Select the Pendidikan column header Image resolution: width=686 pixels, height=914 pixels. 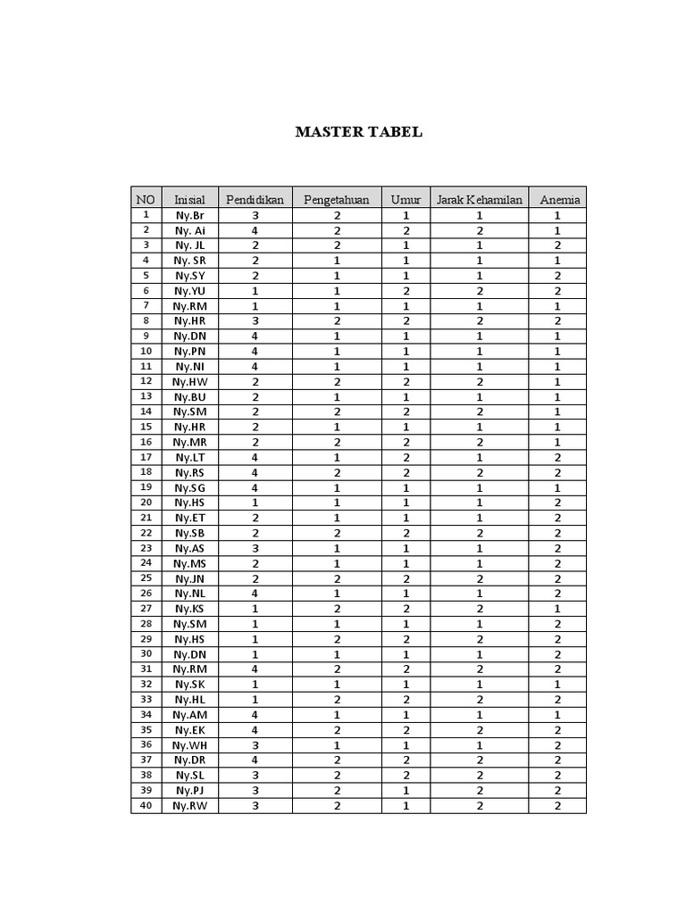tap(255, 199)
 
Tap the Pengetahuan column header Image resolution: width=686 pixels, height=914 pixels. tap(337, 199)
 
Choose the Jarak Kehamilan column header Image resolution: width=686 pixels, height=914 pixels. tap(479, 199)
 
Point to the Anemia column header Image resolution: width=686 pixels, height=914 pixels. tap(558, 199)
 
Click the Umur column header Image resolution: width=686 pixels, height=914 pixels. tap(406, 199)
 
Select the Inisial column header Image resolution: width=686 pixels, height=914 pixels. tap(190, 199)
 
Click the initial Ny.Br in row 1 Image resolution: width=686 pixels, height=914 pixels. tap(190, 215)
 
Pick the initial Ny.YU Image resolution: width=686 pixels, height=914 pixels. tap(190, 291)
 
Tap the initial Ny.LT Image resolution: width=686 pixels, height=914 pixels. tap(190, 457)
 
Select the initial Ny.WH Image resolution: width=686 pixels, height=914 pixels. tap(190, 745)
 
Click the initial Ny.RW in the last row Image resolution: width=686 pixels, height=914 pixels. tap(190, 806)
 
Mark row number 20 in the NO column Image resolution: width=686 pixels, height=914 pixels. tap(146, 503)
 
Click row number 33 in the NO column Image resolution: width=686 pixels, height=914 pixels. tap(146, 700)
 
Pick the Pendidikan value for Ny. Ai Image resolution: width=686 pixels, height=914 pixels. tap(255, 230)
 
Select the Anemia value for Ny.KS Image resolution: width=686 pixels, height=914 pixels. tap(558, 609)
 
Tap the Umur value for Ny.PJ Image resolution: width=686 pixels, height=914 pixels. tap(406, 791)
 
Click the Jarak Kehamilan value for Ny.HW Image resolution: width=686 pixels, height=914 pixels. tap(479, 382)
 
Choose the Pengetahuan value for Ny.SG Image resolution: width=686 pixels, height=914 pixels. tap(337, 487)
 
